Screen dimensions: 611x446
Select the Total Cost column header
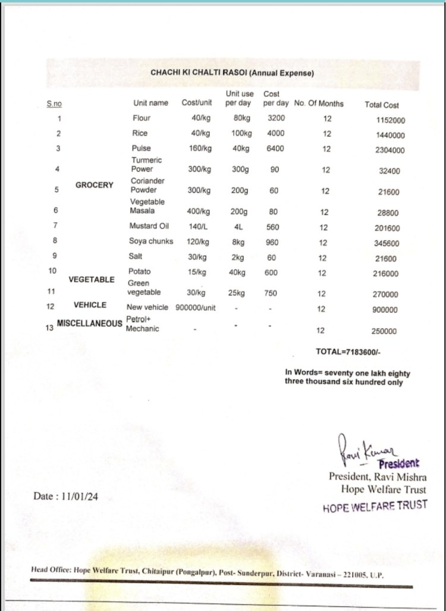point(381,105)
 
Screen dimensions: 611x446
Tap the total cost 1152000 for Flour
point(390,120)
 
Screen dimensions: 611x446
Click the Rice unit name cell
point(140,133)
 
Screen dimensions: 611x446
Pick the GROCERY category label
point(94,185)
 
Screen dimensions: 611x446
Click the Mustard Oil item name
point(149,226)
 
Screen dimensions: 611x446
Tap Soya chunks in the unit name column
point(151,241)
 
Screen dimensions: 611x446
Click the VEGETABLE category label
point(91,279)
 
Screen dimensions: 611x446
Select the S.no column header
point(54,104)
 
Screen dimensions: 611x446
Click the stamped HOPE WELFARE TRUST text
point(375,507)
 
